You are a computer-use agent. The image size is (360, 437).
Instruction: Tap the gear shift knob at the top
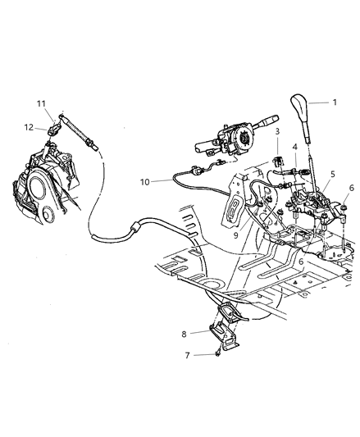coord(299,107)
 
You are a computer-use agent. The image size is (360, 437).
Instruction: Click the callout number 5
coord(331,174)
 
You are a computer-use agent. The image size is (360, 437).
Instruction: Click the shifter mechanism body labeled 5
coord(308,205)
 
